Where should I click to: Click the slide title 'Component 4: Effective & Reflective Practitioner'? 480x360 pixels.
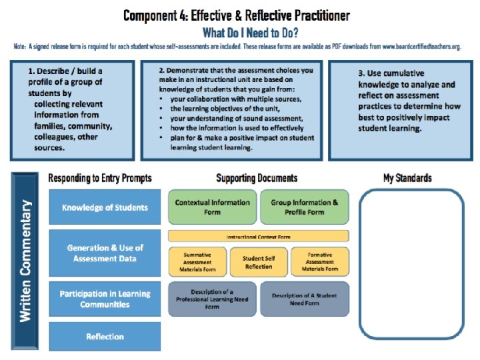tap(237, 15)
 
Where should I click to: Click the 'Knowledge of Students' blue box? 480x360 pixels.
tap(105, 207)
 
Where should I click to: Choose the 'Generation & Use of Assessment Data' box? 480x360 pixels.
tap(105, 253)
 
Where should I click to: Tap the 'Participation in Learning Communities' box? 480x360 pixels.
tap(105, 299)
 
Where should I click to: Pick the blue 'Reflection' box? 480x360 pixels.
tap(105, 336)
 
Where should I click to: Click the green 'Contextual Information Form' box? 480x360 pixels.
tap(212, 207)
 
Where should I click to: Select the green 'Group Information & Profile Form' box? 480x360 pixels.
tap(304, 207)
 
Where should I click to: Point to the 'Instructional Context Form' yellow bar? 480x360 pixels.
tap(258, 236)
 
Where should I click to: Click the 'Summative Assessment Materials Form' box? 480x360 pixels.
tap(197, 261)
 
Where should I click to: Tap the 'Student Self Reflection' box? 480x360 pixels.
tap(258, 262)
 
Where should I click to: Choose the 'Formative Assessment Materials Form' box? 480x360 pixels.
tap(320, 261)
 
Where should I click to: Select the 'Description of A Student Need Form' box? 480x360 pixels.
tap(304, 299)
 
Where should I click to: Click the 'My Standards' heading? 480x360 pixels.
tap(407, 178)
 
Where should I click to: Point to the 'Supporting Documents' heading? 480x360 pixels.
tap(257, 178)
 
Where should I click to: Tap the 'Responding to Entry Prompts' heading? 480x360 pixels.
tap(100, 178)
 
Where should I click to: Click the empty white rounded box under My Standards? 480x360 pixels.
tap(408, 265)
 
